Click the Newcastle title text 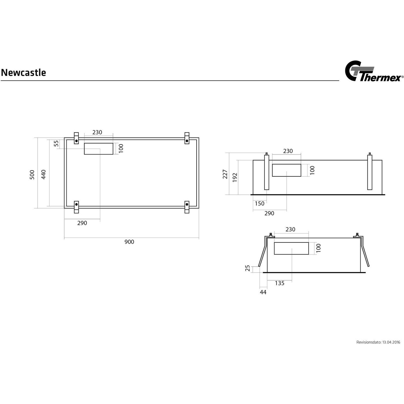pyautogui.click(x=23, y=73)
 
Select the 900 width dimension pyautogui.click(x=129, y=242)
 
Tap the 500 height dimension pyautogui.click(x=32, y=175)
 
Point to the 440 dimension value pyautogui.click(x=44, y=174)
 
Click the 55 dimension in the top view pyautogui.click(x=56, y=143)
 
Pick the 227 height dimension pyautogui.click(x=225, y=174)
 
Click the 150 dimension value pyautogui.click(x=260, y=204)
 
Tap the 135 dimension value pyautogui.click(x=280, y=283)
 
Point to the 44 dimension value pyautogui.click(x=263, y=292)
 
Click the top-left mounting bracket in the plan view pyautogui.click(x=76, y=138)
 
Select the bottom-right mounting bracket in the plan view pyautogui.click(x=187, y=207)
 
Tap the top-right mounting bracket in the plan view pyautogui.click(x=187, y=138)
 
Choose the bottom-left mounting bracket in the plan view pyautogui.click(x=76, y=207)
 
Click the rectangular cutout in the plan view pyautogui.click(x=99, y=149)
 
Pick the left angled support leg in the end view pyautogui.click(x=263, y=252)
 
